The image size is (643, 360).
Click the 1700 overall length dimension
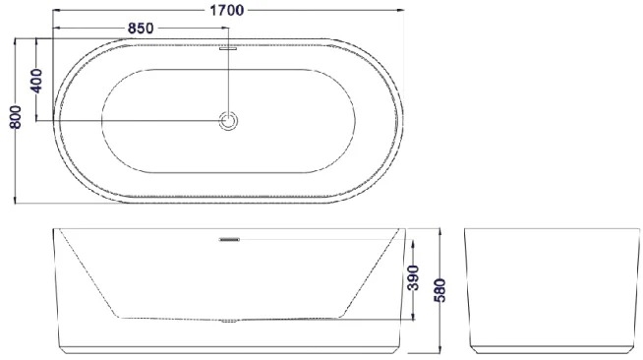tap(227, 10)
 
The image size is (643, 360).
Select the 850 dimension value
tap(141, 28)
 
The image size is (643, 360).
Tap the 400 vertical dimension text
tap(36, 81)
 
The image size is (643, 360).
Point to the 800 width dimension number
tap(16, 117)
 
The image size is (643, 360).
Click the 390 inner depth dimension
tap(413, 277)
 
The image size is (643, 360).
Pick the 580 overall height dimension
tap(439, 290)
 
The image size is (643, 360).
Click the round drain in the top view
tap(228, 121)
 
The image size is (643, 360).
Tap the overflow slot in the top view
tap(228, 48)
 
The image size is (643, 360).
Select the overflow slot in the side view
tap(229, 239)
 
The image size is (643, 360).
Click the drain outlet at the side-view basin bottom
tap(229, 321)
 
